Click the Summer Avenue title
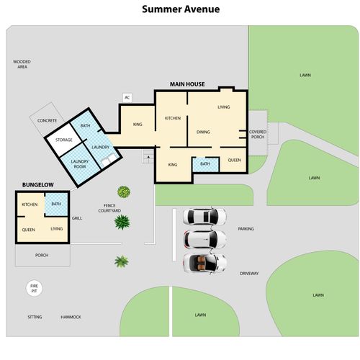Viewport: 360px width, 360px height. coord(181,9)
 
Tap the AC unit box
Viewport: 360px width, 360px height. coord(127,98)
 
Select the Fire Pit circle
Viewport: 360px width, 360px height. coord(34,289)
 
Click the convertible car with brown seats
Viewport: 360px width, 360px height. coord(204,263)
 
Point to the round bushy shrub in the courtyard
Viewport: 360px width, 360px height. coord(124,192)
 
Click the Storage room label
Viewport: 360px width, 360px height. coord(64,140)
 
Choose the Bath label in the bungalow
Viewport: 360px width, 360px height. coord(56,204)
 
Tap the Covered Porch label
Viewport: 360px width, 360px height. coord(258,135)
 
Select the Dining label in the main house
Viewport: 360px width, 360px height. coord(203,132)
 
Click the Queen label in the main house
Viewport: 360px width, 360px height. coord(235,160)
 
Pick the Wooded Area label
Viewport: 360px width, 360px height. coord(22,64)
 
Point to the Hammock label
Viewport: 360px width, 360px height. coord(71,317)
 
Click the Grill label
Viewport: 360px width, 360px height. coord(77,218)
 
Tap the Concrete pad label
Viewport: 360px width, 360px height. coord(47,120)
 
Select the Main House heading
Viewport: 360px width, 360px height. coord(187,84)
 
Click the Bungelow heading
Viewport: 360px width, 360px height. coord(38,185)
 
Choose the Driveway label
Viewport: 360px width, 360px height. coord(249,274)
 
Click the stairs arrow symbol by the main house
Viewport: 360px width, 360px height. coord(148,157)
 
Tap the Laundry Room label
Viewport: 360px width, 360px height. coord(80,164)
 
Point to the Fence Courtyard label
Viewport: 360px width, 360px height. coord(109,208)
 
